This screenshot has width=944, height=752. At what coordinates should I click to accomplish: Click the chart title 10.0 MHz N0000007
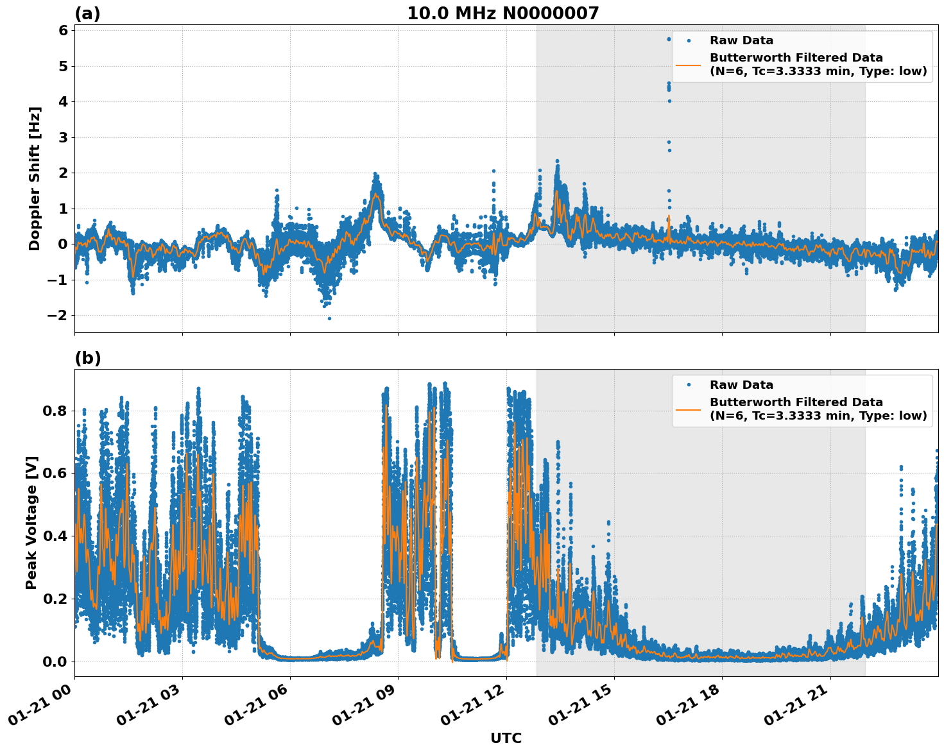point(502,13)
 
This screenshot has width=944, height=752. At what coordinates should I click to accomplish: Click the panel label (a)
point(87,13)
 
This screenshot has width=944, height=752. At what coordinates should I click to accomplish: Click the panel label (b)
point(87,358)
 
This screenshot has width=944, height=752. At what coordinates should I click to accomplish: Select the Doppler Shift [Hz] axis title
point(35,178)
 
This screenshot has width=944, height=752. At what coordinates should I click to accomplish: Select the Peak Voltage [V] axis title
point(32,522)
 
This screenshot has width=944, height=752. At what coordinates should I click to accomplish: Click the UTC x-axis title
point(506,738)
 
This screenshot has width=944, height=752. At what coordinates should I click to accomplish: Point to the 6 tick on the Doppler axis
point(63,31)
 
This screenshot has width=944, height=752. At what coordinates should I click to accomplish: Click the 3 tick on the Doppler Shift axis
point(63,137)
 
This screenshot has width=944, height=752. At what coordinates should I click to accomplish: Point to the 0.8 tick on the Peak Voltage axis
point(54,411)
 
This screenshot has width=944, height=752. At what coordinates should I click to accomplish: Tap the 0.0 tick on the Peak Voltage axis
point(54,662)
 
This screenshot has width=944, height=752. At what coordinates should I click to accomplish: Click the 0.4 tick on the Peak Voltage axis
point(54,536)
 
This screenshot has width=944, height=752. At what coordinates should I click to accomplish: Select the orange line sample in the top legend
point(688,65)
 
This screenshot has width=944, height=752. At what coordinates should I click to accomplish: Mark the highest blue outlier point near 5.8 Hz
point(668,39)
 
